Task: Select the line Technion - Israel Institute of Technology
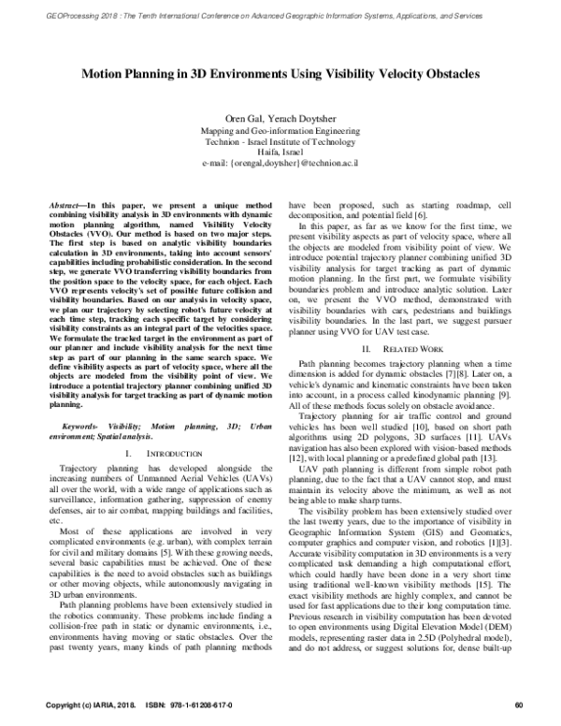tap(280, 141)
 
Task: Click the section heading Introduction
tap(173, 454)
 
